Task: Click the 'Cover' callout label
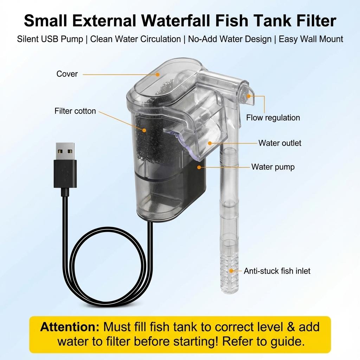pyautogui.click(x=67, y=74)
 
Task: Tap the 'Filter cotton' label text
pyautogui.click(x=75, y=111)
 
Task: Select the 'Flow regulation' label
pyautogui.click(x=273, y=117)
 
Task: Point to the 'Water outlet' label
pyautogui.click(x=279, y=143)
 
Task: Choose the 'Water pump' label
pyautogui.click(x=273, y=167)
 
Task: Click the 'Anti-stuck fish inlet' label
pyautogui.click(x=277, y=271)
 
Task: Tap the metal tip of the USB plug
pyautogui.click(x=65, y=151)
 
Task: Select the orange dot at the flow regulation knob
pyautogui.click(x=249, y=95)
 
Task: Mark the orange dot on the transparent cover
pyautogui.click(x=158, y=74)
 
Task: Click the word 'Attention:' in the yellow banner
pyautogui.click(x=70, y=327)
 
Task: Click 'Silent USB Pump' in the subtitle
pyautogui.click(x=50, y=39)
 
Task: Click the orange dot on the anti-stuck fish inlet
pyautogui.click(x=231, y=271)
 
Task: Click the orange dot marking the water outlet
pyautogui.click(x=210, y=143)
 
